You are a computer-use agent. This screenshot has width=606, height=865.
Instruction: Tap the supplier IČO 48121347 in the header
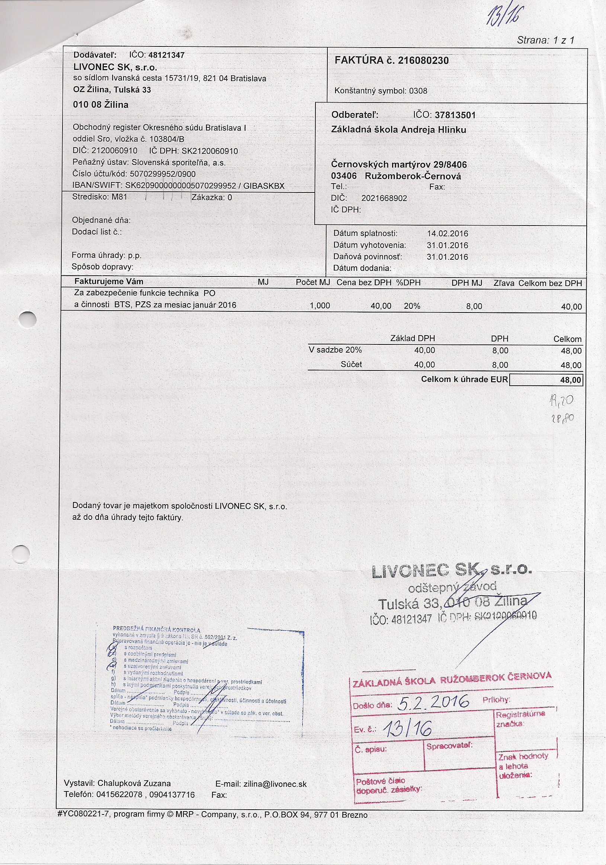[x=166, y=55]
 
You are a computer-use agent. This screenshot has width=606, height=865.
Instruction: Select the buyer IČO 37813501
[x=455, y=115]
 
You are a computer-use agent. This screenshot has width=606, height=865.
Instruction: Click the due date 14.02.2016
[x=447, y=234]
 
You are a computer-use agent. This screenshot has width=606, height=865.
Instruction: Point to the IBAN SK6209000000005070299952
[x=180, y=186]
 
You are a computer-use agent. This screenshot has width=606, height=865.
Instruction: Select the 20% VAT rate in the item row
[x=412, y=306]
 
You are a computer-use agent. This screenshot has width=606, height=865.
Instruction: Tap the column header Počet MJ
[x=312, y=282]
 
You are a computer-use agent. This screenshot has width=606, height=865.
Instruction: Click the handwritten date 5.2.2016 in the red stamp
[x=433, y=702]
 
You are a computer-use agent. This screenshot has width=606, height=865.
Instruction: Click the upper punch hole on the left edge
[x=28, y=320]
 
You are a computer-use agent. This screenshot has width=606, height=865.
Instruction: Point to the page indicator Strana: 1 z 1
[x=545, y=40]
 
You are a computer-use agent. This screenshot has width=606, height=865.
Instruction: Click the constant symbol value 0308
[x=418, y=91]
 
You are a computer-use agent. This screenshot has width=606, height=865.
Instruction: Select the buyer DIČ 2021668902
[x=384, y=198]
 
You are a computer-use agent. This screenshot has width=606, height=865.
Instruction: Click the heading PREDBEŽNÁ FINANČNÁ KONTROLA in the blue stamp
[x=157, y=629]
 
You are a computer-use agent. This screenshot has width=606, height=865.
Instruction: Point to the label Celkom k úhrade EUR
[x=464, y=379]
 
